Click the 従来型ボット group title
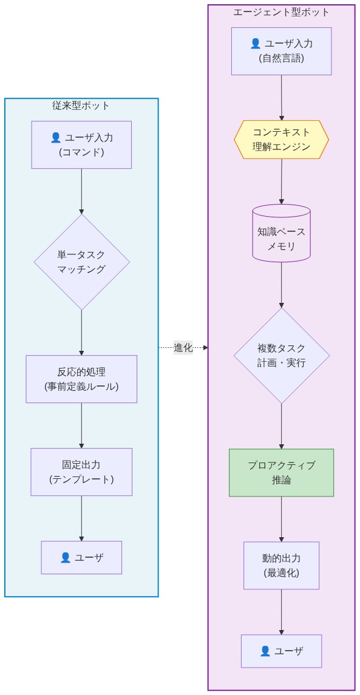coord(81,106)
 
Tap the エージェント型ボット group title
coord(281,12)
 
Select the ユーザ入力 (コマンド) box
coord(81,144)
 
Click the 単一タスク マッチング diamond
coord(81,262)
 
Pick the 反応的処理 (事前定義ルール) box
coord(81,379)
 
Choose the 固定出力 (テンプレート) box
coord(81,472)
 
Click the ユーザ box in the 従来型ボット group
coord(81,557)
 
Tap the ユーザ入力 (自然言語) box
coord(281,51)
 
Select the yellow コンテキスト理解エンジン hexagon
coord(281,140)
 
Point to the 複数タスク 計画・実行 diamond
coord(281,356)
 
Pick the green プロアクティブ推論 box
coord(281,472)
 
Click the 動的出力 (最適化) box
coord(281,565)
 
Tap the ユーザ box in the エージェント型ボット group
coord(281,651)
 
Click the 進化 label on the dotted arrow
coord(183,348)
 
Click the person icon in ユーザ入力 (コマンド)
coord(56,138)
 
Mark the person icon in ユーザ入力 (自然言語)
coord(256,44)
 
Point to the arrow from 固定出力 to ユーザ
coord(81,518)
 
